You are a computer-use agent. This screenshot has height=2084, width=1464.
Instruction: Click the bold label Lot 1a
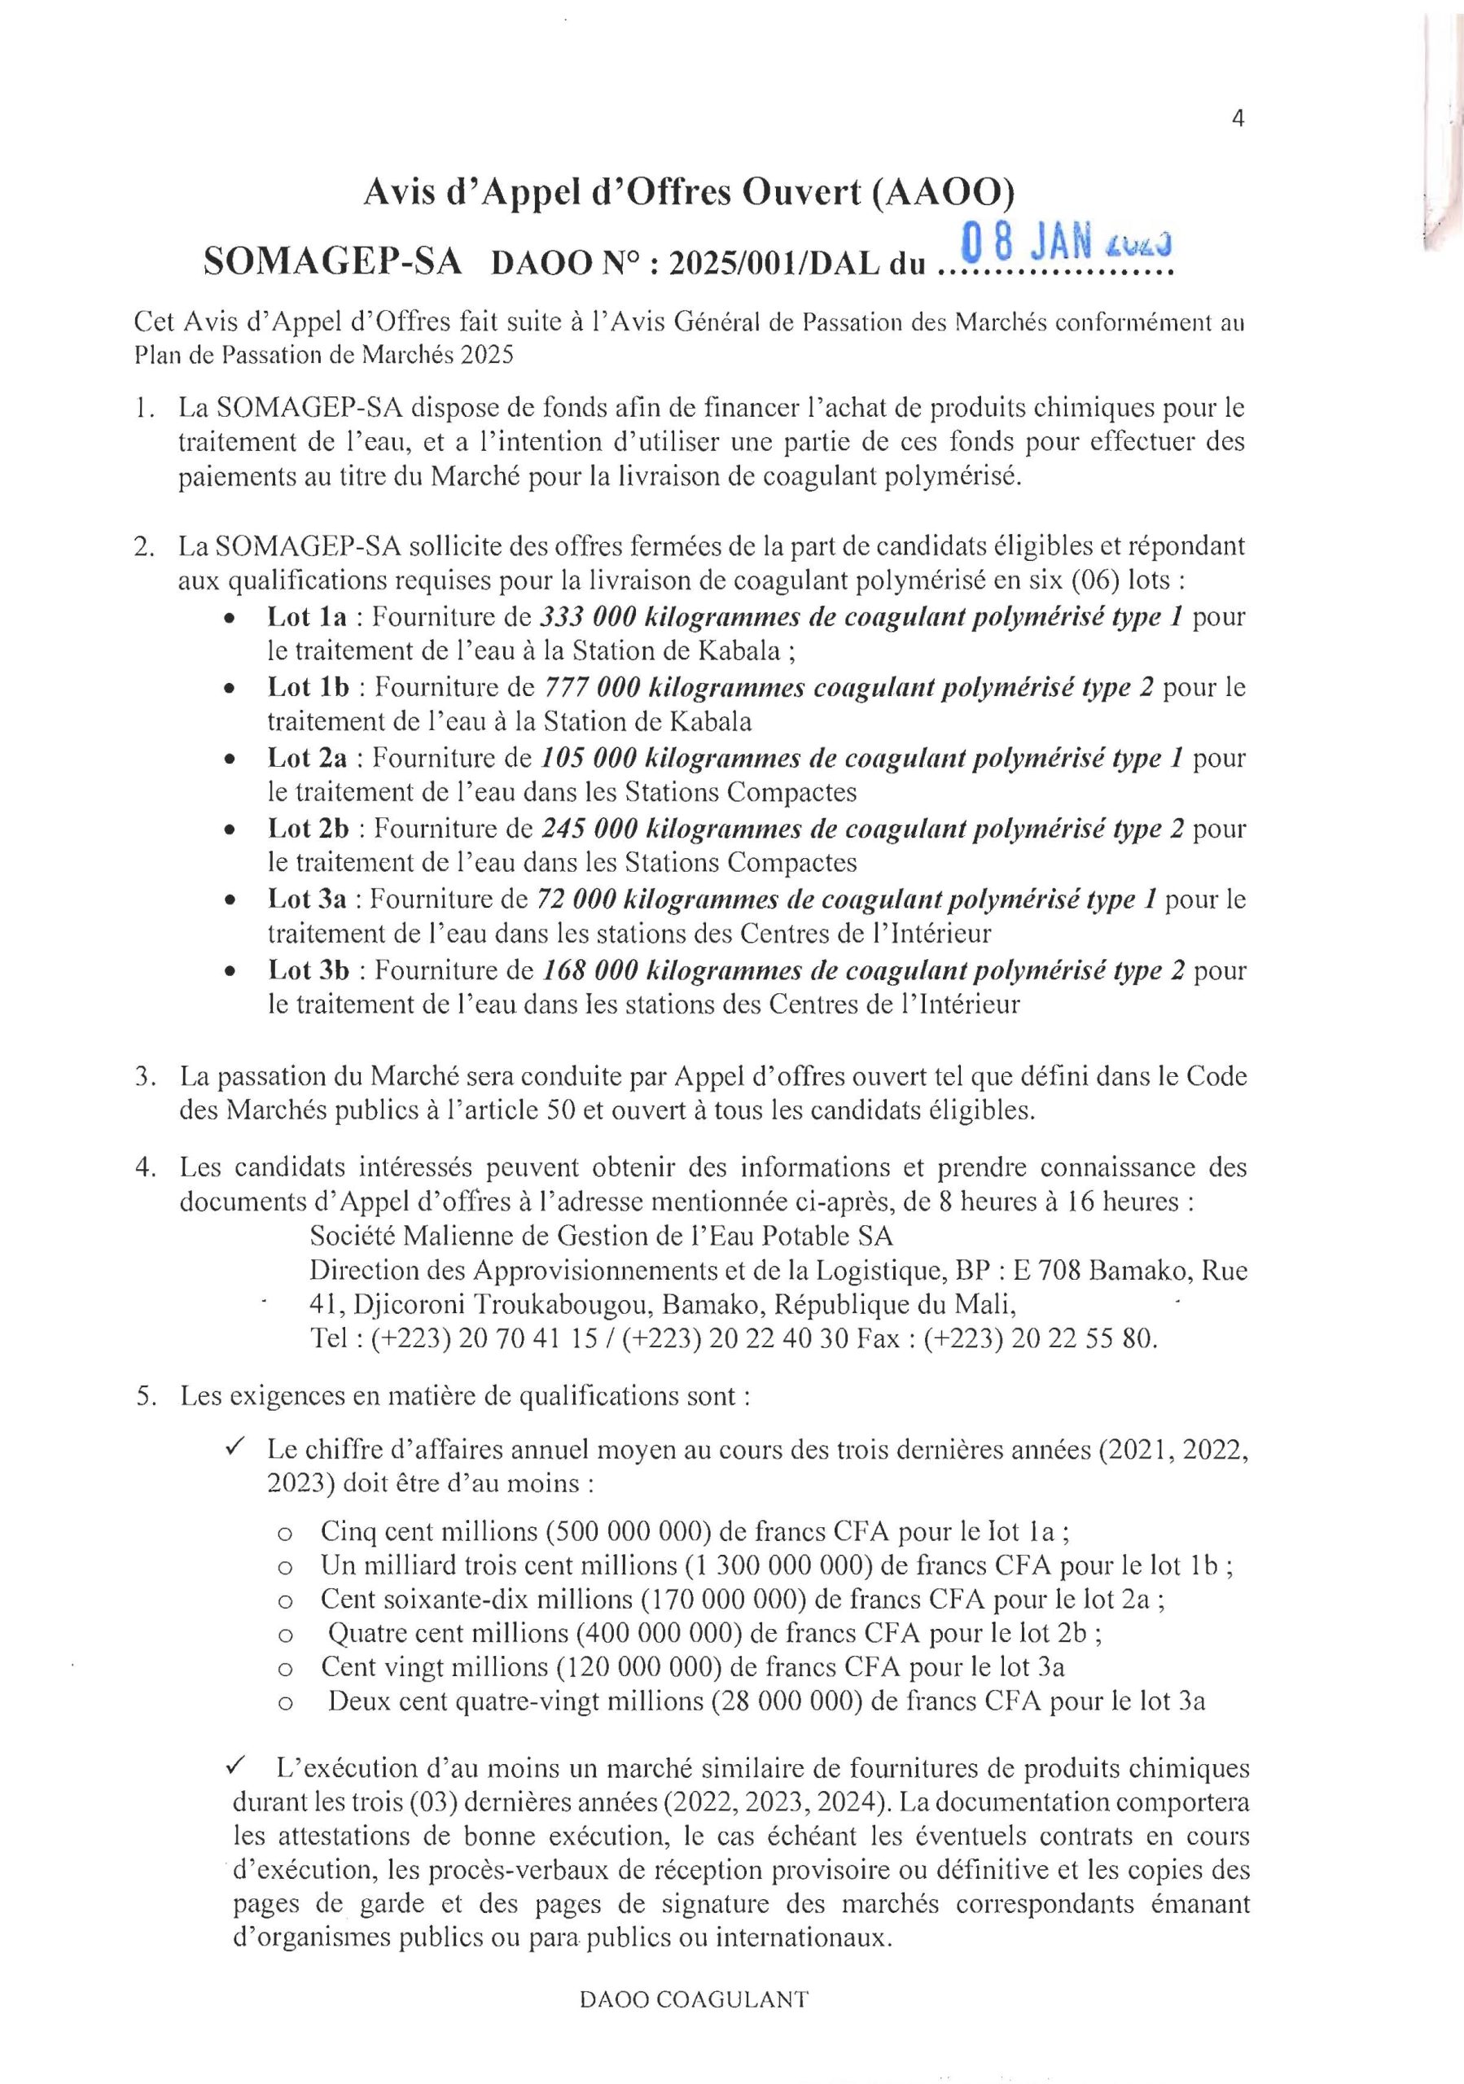point(307,617)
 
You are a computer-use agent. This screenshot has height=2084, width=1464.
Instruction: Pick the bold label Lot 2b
point(309,829)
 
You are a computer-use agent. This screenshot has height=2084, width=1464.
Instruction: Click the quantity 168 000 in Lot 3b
point(590,970)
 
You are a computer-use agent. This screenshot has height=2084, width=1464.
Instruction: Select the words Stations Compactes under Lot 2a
point(739,791)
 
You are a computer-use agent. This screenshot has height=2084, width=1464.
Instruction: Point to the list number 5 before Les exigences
point(142,1396)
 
